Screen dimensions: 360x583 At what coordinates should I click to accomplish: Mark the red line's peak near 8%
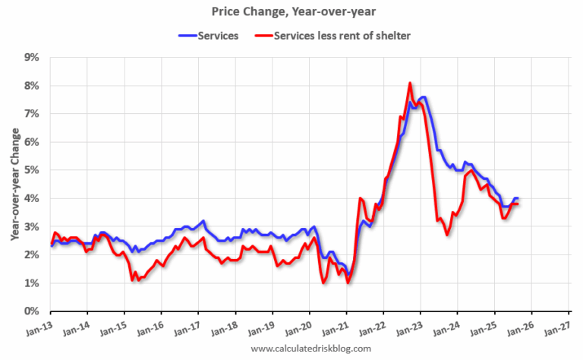pos(410,83)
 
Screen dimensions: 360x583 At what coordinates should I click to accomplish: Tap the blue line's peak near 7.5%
pos(423,97)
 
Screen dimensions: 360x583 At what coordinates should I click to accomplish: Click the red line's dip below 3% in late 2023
pos(447,235)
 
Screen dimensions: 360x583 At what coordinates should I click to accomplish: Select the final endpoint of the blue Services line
pos(518,198)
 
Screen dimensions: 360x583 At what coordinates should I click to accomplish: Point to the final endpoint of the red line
pos(518,204)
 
